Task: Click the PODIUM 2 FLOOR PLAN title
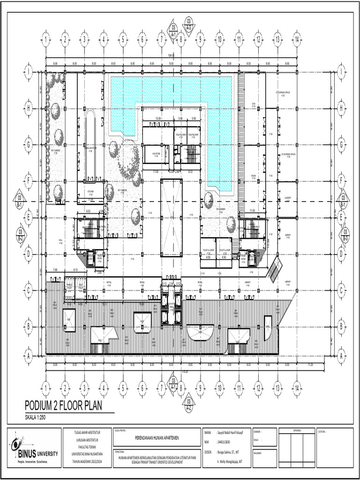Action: pos(63,405)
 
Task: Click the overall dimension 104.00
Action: pos(171,56)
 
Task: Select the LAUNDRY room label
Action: pos(287,198)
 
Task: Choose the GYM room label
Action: pos(254,105)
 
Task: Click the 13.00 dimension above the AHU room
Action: pos(158,119)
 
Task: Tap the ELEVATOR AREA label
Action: pos(171,305)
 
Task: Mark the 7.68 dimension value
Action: pos(55,270)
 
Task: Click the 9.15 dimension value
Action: pos(75,270)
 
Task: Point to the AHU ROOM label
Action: pos(155,153)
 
